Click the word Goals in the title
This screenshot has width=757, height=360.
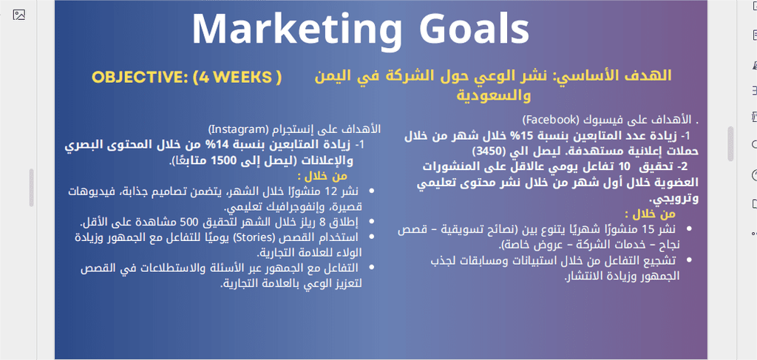click(474, 28)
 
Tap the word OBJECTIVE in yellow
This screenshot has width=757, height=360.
click(139, 77)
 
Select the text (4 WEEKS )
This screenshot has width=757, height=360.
click(237, 77)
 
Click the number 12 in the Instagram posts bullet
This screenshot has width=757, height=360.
click(330, 191)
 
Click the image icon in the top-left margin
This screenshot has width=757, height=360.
click(18, 15)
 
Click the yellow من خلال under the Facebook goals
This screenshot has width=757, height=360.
click(650, 214)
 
